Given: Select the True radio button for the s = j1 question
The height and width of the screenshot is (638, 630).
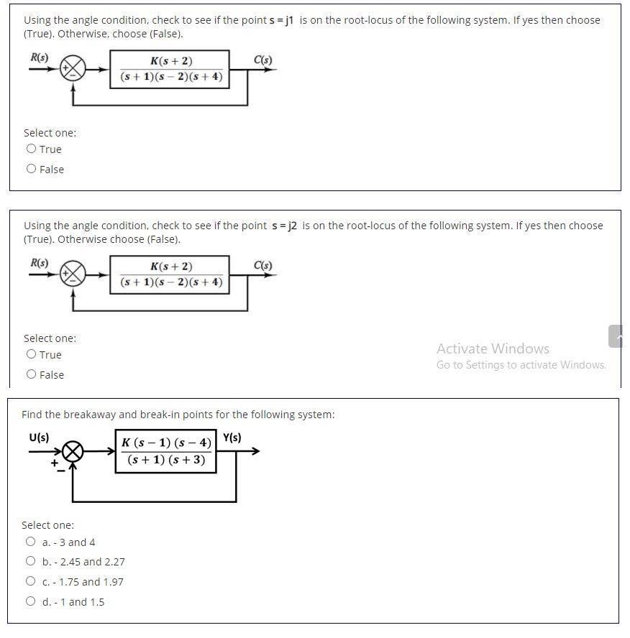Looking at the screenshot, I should point(31,149).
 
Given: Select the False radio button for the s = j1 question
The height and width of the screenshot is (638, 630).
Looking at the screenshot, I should point(31,169).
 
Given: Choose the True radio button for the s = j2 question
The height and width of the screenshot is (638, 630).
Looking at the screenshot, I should point(31,354).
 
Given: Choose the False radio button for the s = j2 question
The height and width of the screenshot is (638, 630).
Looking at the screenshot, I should point(31,374).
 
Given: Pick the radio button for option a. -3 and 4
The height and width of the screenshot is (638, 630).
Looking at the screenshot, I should point(30,542).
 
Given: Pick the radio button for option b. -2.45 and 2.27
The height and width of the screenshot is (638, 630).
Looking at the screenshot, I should point(30,561).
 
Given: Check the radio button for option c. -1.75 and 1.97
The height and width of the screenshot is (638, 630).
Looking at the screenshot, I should point(30,581).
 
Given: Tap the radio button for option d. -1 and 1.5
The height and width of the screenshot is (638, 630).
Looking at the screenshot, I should point(30,601).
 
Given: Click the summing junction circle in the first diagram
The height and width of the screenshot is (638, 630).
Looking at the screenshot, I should point(73,69).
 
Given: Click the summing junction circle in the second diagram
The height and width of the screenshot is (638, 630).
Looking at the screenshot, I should point(73,274).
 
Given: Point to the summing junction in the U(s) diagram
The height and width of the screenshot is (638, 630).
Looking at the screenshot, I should point(73,452).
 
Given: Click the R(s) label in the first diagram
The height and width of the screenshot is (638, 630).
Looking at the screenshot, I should point(39,57).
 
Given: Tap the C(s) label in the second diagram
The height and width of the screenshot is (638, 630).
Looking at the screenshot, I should point(263,265).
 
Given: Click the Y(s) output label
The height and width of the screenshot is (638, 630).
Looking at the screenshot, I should point(232,438).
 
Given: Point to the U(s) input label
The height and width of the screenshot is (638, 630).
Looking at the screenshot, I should point(39,437).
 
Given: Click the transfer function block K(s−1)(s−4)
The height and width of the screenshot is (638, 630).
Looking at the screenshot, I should point(166,451).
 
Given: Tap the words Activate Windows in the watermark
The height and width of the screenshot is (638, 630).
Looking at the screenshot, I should point(493,348).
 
